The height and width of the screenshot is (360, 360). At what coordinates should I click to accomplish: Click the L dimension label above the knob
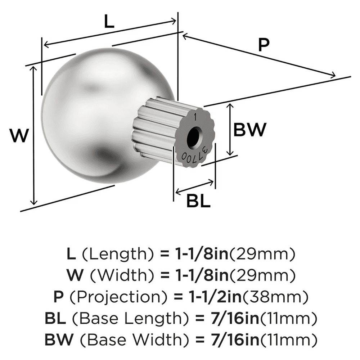tap(109, 22)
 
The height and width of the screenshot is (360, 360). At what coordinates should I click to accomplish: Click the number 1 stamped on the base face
tap(195, 117)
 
